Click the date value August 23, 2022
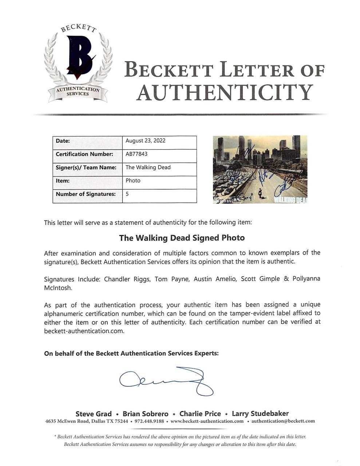coord(145,141)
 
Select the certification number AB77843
coord(137,154)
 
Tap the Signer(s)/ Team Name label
coord(86,167)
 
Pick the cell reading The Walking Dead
coord(148,167)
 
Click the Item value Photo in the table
coord(133,181)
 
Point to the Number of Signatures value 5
coord(127,194)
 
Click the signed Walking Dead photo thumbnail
coord(260,169)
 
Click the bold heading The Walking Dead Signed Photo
coord(182,238)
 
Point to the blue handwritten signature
coord(167,380)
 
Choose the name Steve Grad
coord(94,414)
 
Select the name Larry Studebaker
coord(260,414)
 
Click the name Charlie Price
coord(200,414)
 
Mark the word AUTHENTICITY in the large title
coord(225,92)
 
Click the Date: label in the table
coord(63,141)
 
